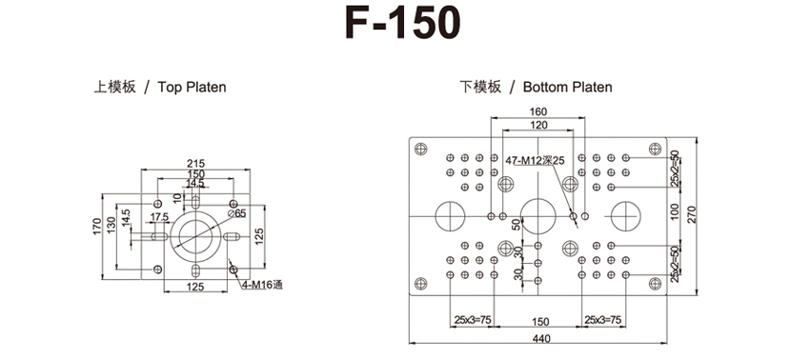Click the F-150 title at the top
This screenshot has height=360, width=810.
point(402,24)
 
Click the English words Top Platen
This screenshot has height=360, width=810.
point(192,87)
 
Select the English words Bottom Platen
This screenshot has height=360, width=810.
point(567,87)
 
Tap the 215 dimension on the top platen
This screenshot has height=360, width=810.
point(195,163)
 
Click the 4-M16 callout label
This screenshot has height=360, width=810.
point(263,285)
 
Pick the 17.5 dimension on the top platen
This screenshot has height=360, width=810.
point(159,217)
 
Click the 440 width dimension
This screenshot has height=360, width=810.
point(539,339)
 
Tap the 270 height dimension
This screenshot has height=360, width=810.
point(692,215)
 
